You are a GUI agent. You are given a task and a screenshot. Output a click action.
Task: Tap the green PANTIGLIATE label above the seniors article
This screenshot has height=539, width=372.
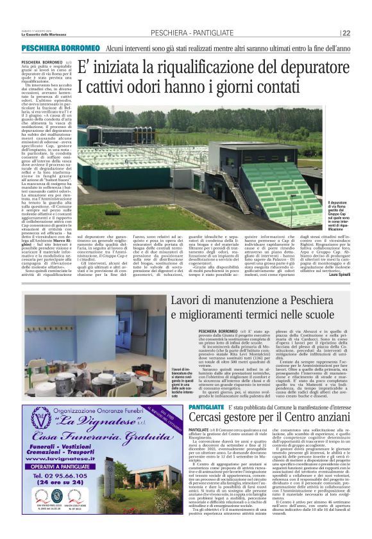click(189, 408)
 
